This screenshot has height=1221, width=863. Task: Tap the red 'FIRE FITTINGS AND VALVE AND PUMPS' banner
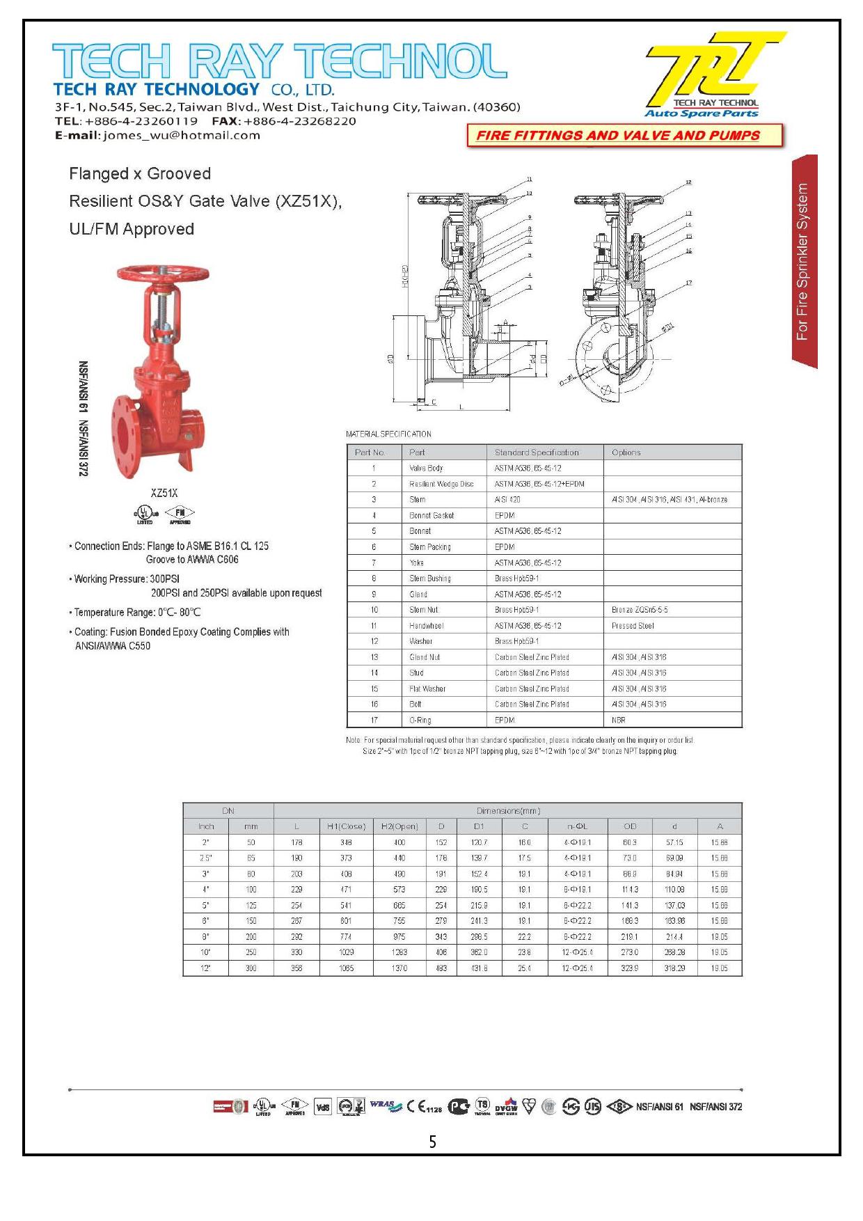(x=618, y=136)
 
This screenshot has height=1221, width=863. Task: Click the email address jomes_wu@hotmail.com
(x=182, y=136)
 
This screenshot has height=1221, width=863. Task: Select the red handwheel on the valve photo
(x=162, y=273)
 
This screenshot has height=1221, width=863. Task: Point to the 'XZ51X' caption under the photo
(x=164, y=493)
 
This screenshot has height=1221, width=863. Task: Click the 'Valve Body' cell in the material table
(x=426, y=468)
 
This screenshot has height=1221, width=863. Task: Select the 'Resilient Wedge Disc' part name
(x=441, y=484)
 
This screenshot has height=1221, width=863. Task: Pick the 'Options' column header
(x=626, y=452)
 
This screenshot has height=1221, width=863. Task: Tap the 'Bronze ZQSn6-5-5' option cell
(x=640, y=610)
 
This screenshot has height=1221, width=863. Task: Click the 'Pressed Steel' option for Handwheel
(x=633, y=626)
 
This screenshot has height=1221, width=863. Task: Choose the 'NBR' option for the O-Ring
(x=618, y=720)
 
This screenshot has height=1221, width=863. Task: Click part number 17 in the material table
(x=374, y=720)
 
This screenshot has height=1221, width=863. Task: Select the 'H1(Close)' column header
(x=346, y=826)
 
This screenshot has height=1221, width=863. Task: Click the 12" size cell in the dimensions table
(x=206, y=968)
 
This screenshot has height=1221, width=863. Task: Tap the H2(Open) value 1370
(x=399, y=968)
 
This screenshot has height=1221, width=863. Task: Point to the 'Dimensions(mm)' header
(x=508, y=810)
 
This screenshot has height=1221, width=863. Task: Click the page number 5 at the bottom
(x=432, y=1142)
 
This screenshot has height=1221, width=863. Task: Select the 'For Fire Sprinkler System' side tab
(x=803, y=262)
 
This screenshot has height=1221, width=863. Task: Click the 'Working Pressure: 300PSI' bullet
(x=127, y=579)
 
